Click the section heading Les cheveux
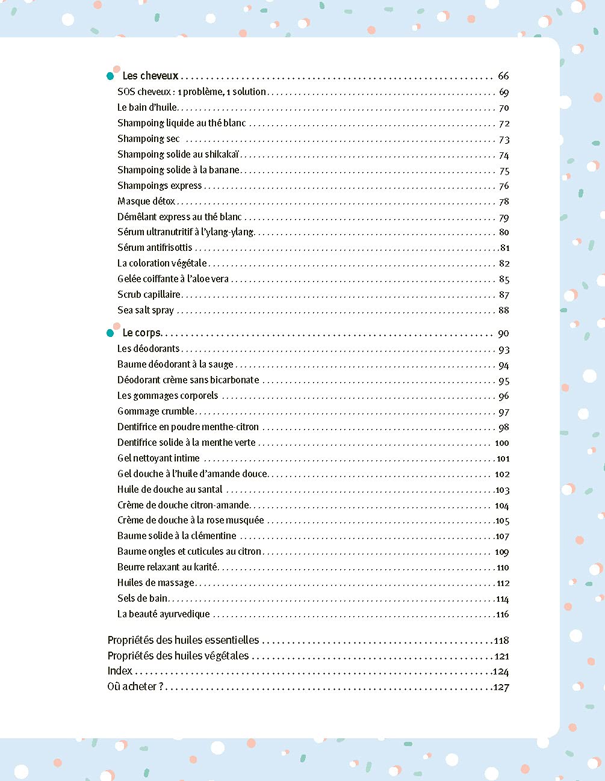[x=150, y=76]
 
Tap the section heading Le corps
[x=141, y=333]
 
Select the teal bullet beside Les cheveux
[x=110, y=76]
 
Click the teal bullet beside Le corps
[x=110, y=333]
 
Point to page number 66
[x=503, y=76]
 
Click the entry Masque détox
[x=146, y=201]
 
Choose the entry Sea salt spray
[x=146, y=310]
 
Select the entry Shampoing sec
[x=148, y=138]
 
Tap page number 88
[x=504, y=310]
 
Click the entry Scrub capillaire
[x=149, y=294]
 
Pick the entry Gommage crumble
[x=156, y=411]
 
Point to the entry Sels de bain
[x=142, y=598]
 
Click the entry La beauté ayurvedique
[x=164, y=614]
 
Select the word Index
[x=120, y=671]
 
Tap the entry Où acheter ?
[x=135, y=687]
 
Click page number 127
[x=501, y=687]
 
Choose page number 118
[x=501, y=640]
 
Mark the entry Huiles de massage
[x=156, y=582]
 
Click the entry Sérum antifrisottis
[x=155, y=247]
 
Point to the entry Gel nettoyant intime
[x=158, y=458]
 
